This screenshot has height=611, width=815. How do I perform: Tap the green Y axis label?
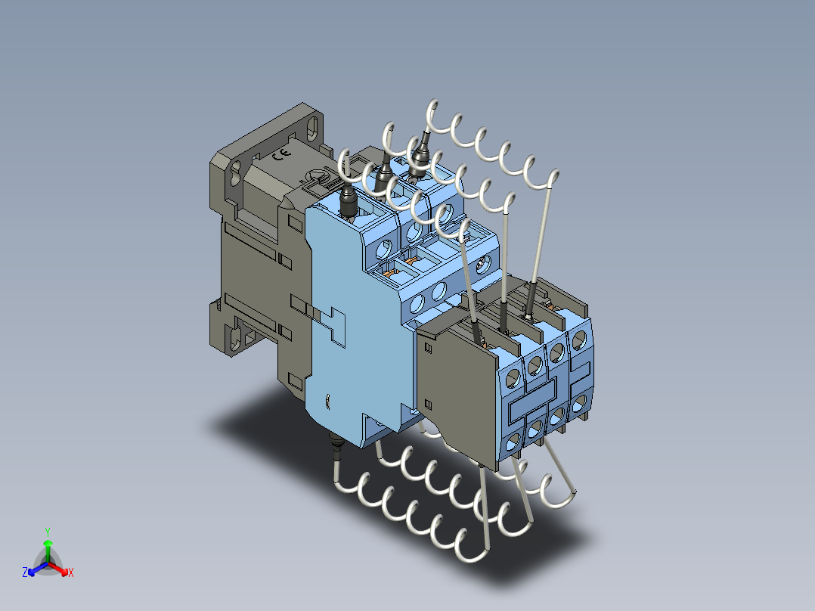(x=48, y=532)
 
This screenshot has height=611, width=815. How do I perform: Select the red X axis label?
(x=71, y=572)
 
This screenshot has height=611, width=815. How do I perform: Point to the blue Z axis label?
(x=25, y=572)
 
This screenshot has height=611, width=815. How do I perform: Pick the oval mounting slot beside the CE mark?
(x=311, y=127)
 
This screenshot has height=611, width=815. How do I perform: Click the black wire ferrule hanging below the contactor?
(x=338, y=445)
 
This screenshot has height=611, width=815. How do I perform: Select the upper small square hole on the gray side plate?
(x=429, y=348)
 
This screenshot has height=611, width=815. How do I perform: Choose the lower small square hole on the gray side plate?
(x=428, y=404)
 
